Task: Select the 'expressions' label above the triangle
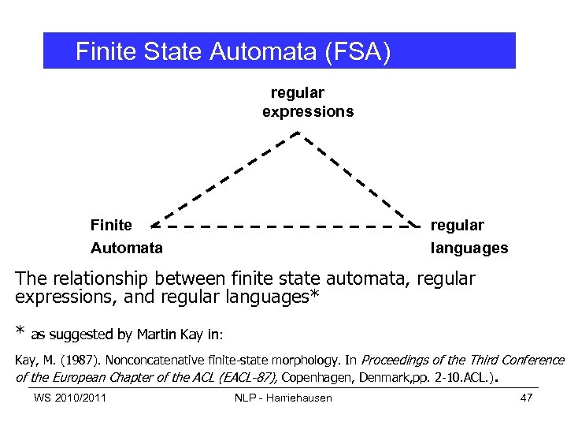point(308,112)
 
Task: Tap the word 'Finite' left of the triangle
point(112,226)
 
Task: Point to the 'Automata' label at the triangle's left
point(127,248)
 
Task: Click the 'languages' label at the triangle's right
point(469,248)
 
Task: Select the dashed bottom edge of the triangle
point(283,226)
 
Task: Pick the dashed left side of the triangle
point(223,179)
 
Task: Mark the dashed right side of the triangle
point(358,179)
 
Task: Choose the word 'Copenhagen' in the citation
point(319,377)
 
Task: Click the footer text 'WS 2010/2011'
point(71,397)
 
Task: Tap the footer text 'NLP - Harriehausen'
point(283,397)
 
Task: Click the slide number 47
point(527,397)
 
